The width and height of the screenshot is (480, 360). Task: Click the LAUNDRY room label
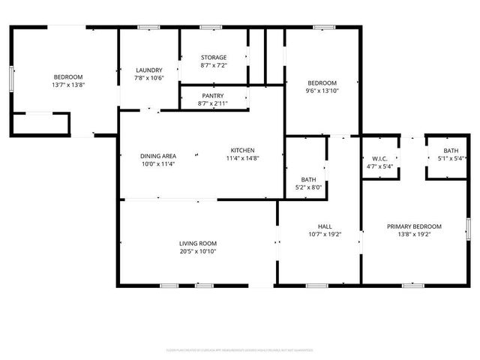coord(148,69)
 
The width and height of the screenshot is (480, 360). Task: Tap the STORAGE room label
coord(214,57)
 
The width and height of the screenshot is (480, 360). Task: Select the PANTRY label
coord(214,96)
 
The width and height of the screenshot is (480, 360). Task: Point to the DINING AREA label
coord(158,155)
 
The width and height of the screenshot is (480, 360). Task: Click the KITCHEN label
coord(242,150)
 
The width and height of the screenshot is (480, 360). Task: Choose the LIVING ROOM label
coord(198,243)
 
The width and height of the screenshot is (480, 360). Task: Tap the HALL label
coord(325,226)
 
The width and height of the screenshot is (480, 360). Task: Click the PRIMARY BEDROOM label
coord(414,226)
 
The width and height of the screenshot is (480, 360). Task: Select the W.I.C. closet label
coord(379,158)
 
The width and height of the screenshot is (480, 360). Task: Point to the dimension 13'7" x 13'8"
coord(67,85)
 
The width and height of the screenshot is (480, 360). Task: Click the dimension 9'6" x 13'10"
coord(322,91)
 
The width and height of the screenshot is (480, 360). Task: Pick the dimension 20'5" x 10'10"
coord(198,251)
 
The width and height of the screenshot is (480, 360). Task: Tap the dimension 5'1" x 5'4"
coord(451,158)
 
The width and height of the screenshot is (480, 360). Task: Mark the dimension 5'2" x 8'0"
coord(309,188)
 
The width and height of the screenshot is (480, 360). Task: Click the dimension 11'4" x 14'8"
coord(242,158)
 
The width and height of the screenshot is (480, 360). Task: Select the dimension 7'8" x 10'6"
coord(148,77)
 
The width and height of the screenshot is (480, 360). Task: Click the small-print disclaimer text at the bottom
coord(240,350)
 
